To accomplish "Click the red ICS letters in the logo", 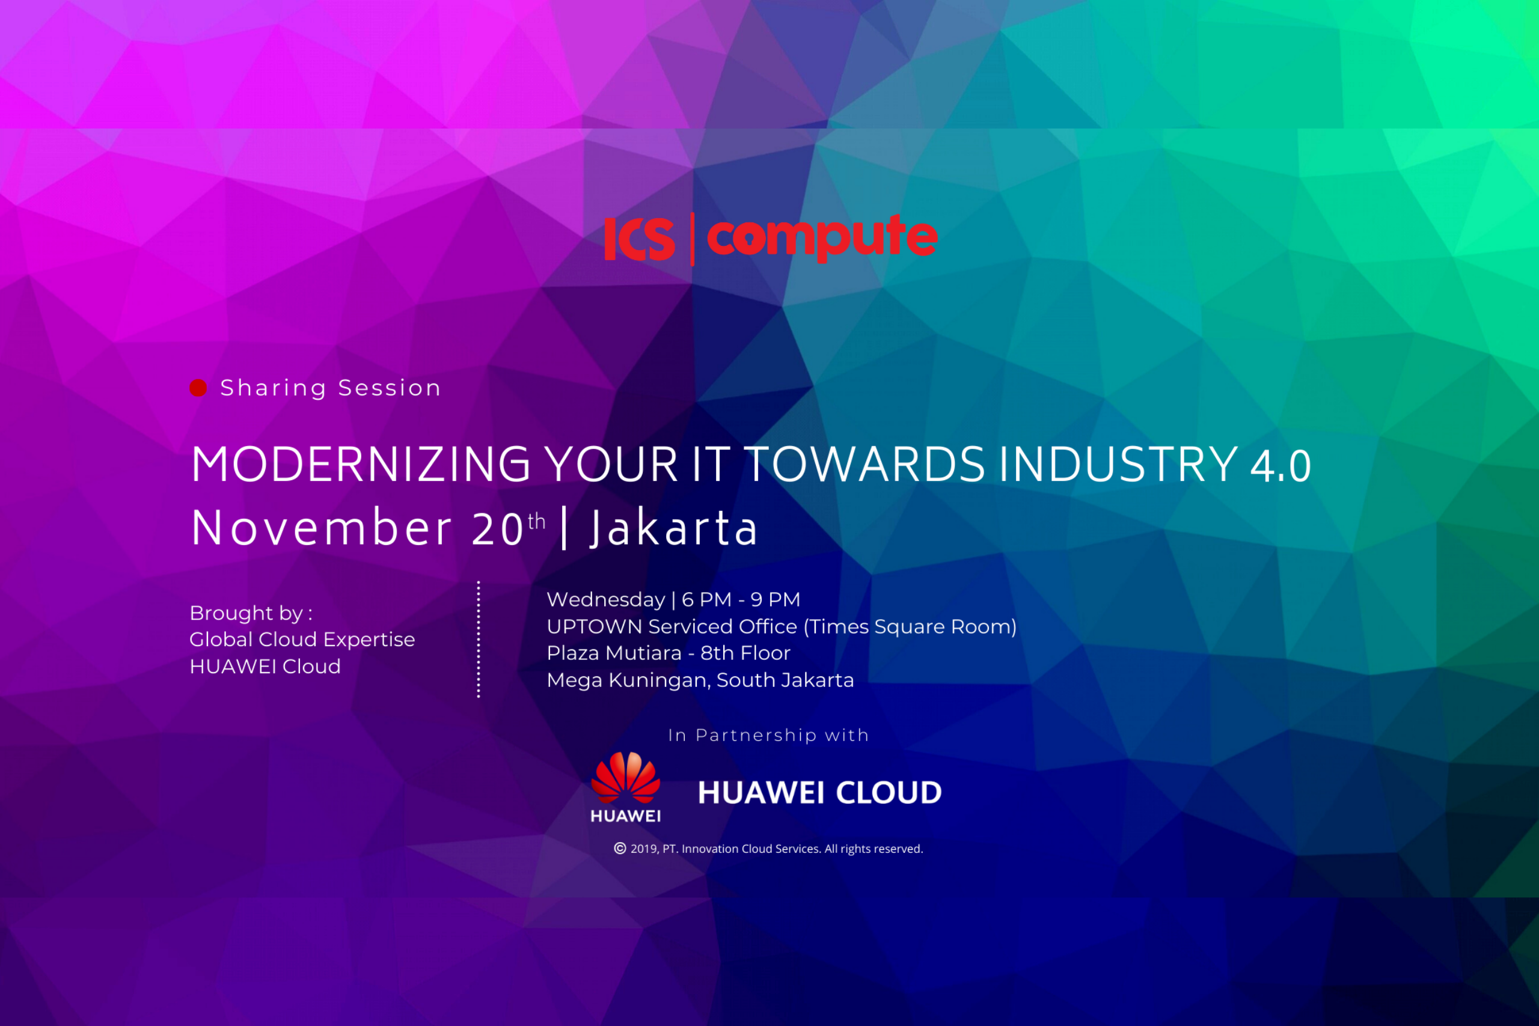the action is pos(639,239).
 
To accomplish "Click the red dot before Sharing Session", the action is pos(198,388).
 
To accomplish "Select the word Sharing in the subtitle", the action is pos(274,388).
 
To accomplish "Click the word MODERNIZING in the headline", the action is pos(361,465).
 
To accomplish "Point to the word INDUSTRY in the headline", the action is pos(1118,465).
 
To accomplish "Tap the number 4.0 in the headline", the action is pos(1280,466).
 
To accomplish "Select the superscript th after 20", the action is pos(537,521).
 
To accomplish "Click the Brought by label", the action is pos(251,613).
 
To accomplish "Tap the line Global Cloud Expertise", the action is pos(302,640).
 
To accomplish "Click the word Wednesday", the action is pos(606,599).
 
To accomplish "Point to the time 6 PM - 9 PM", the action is pos(741,599).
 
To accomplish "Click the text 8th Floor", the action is pos(745,653).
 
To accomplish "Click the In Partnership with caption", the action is pos(769,736).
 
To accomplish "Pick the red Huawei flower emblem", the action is pos(626,777).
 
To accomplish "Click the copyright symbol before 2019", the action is pos(620,849).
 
